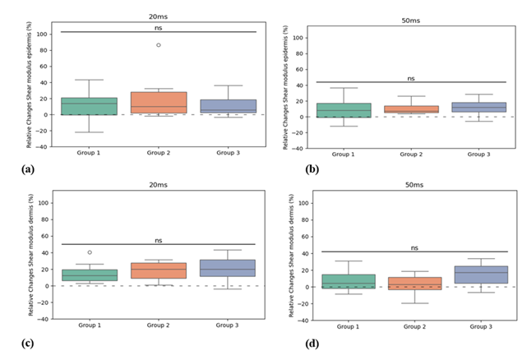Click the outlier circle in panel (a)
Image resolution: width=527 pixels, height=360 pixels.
[158, 45]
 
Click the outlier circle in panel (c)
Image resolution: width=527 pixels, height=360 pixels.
[90, 252]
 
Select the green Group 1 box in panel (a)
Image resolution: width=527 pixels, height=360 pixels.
[90, 106]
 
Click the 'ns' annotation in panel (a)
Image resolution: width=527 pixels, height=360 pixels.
[159, 27]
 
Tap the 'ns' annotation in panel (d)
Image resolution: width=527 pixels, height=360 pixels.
[414, 247]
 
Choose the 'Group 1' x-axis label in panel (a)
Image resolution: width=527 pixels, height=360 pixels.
[90, 153]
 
